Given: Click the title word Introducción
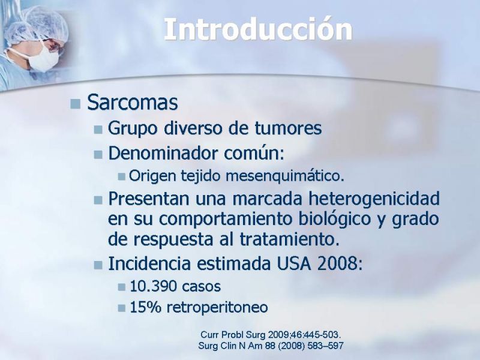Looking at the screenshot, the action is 258,29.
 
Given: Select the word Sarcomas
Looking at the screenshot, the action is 132,102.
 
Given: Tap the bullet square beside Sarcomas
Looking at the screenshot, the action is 75,104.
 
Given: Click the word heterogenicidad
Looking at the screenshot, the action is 374,199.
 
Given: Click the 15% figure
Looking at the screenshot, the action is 145,307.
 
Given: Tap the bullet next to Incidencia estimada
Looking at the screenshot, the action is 98,265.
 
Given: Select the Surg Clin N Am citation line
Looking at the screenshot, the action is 271,346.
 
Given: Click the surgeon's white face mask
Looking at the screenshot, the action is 43,58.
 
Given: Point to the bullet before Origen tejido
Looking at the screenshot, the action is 122,176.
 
